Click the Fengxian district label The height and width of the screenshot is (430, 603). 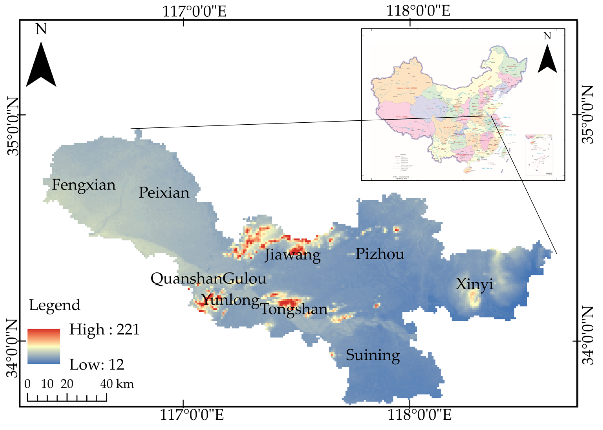tap(84, 185)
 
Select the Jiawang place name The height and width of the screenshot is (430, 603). tap(293, 255)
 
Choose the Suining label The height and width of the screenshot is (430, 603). tap(373, 355)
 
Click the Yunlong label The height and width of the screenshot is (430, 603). tap(230, 300)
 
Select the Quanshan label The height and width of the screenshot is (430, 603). tap(186, 279)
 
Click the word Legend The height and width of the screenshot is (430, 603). tap(55, 305)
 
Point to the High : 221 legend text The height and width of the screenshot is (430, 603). tap(104, 330)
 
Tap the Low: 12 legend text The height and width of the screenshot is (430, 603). tap(97, 365)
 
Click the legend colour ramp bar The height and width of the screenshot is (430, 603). tap(44, 346)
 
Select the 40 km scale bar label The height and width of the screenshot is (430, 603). tap(117, 384)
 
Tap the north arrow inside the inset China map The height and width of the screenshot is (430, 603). tap(547, 59)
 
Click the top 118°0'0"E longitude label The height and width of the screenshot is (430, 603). tap(418, 11)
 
